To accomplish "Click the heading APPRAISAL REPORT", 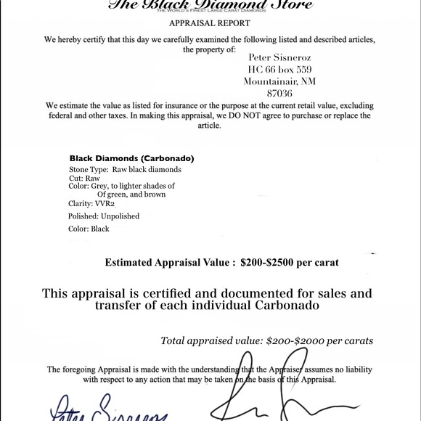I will [209, 23].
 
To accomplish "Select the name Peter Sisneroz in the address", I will [279, 55].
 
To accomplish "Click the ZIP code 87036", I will [279, 94].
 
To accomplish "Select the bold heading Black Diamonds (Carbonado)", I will [131, 158].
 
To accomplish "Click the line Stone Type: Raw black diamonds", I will [125, 169].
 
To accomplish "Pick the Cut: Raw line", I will [84, 178].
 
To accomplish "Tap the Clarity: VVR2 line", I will [91, 204].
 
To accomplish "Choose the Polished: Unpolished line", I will [104, 216].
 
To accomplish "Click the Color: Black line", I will [89, 229].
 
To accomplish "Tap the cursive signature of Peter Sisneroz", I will [109, 410].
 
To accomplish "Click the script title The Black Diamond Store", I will [210, 4].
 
